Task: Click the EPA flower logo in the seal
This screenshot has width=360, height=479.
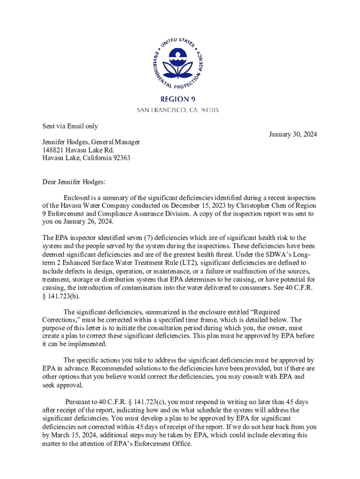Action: (x=180, y=61)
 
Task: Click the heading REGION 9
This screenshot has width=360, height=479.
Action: (x=180, y=99)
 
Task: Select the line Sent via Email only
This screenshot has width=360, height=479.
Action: (x=70, y=126)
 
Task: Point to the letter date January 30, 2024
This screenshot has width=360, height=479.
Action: (x=293, y=135)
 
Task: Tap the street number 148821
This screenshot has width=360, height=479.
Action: (x=53, y=150)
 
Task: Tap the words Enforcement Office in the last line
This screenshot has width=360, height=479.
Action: (x=165, y=443)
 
